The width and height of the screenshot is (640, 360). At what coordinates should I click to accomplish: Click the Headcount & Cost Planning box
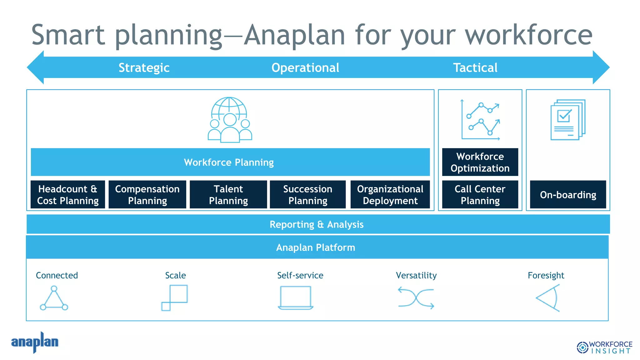click(68, 194)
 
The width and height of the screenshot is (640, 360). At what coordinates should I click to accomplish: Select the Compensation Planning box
click(147, 194)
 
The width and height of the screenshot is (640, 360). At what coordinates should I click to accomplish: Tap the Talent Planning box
click(228, 194)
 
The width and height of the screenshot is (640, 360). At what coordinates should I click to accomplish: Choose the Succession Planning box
click(307, 194)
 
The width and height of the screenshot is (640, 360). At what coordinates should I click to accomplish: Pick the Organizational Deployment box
click(390, 194)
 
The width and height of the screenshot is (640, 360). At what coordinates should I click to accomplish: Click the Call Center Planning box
click(480, 194)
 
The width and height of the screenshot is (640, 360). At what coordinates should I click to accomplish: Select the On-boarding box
click(568, 195)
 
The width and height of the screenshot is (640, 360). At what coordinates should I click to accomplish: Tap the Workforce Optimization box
click(480, 162)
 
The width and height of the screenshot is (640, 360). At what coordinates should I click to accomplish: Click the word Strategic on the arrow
click(144, 67)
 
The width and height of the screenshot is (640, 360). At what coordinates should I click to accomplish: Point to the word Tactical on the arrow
click(475, 67)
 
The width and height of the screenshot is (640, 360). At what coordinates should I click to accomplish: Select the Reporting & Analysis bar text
click(317, 224)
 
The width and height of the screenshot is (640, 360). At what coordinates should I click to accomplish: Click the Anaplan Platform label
click(316, 247)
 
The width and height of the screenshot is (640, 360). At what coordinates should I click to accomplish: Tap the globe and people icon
click(230, 120)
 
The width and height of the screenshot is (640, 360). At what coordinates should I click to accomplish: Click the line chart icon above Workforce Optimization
click(481, 120)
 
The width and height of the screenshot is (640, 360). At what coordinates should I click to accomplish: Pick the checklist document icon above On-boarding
click(567, 120)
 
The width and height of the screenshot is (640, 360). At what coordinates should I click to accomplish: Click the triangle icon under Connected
click(54, 298)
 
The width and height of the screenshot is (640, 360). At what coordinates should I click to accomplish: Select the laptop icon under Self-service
click(296, 298)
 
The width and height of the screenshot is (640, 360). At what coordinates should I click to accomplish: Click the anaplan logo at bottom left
click(35, 342)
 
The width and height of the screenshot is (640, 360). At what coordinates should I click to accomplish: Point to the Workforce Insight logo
click(604, 347)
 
